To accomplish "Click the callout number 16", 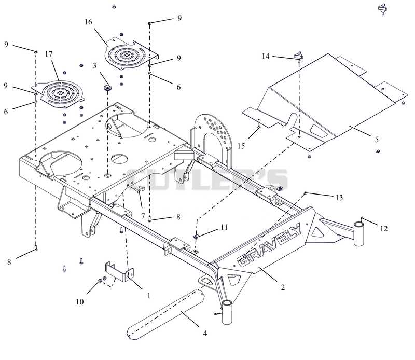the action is [x=88, y=22].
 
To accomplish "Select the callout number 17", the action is [x=49, y=54].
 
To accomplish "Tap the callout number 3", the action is [x=94, y=66].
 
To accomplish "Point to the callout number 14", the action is [x=266, y=56].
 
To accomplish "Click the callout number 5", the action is [x=377, y=139].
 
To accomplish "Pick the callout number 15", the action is [x=241, y=146].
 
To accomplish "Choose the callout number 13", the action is [x=339, y=198].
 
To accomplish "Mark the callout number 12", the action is [x=384, y=228].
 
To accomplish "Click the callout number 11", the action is [x=224, y=227].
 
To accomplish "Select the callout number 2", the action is [x=283, y=287].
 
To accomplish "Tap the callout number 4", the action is [x=205, y=333].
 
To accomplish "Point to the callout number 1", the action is [x=149, y=295].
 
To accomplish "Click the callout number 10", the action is [x=80, y=302].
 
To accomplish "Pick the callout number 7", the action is [x=143, y=216].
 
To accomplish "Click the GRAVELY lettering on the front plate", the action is [x=269, y=245].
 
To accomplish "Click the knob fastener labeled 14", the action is [x=298, y=56].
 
